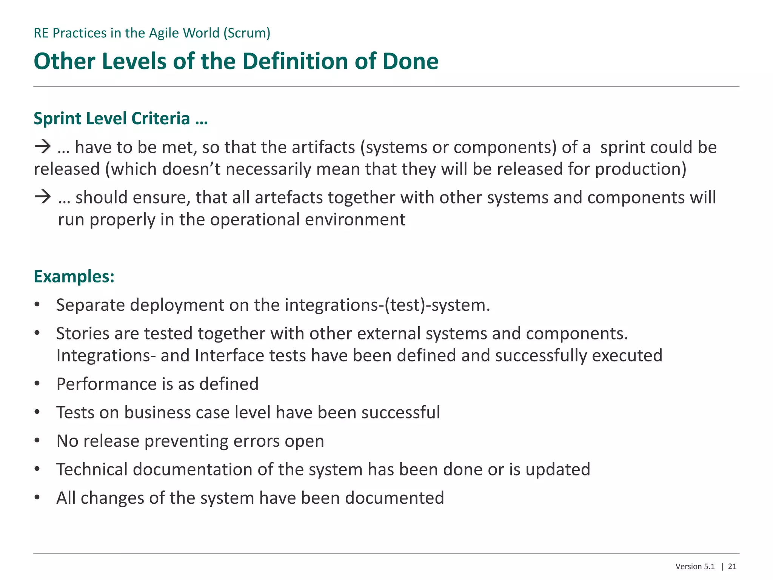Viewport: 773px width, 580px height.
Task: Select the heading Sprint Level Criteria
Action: (x=120, y=119)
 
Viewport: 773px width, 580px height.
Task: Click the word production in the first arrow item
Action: (x=641, y=169)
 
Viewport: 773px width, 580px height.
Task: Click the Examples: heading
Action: (x=74, y=276)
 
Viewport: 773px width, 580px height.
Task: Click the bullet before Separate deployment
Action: (x=37, y=305)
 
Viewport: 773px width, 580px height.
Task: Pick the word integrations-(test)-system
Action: (x=387, y=305)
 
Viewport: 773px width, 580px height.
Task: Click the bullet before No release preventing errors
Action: (x=37, y=441)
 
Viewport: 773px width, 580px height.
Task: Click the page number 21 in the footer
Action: (x=732, y=566)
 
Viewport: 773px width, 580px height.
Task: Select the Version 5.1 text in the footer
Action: (x=695, y=566)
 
